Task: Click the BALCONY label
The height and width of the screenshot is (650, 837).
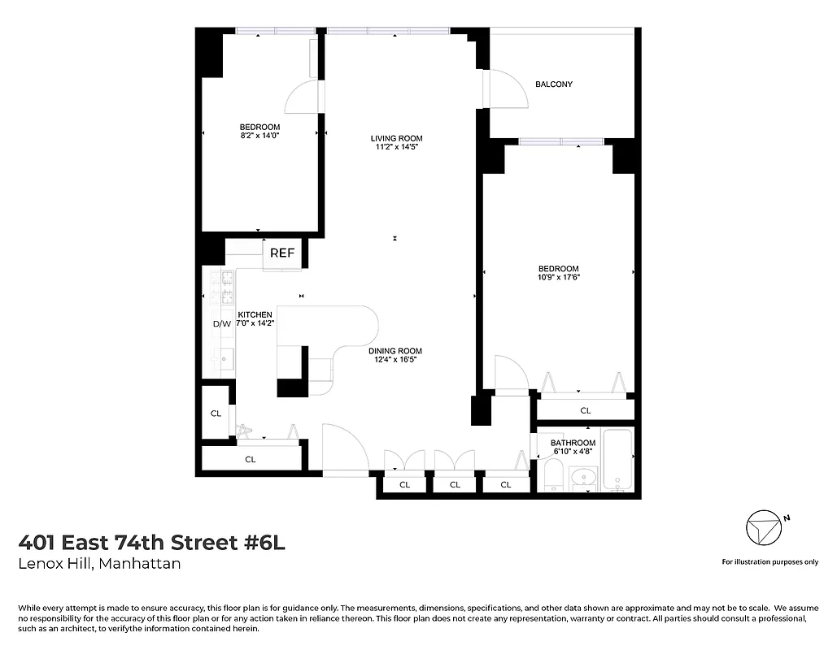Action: pyautogui.click(x=553, y=84)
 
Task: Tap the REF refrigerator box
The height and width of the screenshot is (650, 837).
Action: pyautogui.click(x=282, y=253)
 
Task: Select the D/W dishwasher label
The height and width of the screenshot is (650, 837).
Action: pyautogui.click(x=221, y=323)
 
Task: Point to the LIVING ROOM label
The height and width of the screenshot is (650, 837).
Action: pyautogui.click(x=398, y=138)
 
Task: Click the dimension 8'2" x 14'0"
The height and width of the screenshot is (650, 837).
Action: pyautogui.click(x=259, y=136)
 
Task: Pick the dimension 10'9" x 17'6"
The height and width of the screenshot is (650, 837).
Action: pyautogui.click(x=558, y=278)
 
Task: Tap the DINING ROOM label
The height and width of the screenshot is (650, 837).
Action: pyautogui.click(x=398, y=351)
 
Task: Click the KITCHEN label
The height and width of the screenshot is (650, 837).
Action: pyautogui.click(x=255, y=314)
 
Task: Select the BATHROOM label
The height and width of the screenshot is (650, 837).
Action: pyautogui.click(x=573, y=443)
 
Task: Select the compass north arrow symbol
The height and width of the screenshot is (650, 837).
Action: pyautogui.click(x=763, y=528)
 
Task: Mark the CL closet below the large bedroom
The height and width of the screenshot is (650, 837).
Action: pyautogui.click(x=585, y=411)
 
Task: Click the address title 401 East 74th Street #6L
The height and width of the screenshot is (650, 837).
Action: pyautogui.click(x=152, y=542)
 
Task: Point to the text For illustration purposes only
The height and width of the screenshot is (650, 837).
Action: pyautogui.click(x=769, y=561)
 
